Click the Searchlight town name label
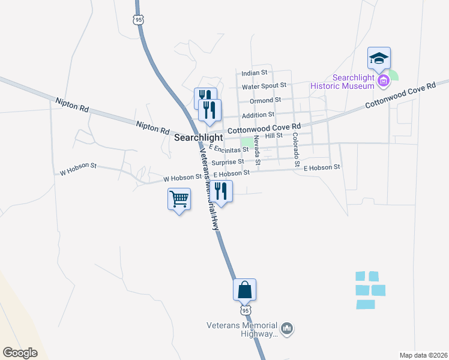coord(198,137)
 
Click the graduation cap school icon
coord(379,59)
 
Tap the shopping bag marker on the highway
coord(244,290)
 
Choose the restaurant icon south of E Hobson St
coord(221,191)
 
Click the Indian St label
coord(254,73)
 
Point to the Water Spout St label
coord(264,86)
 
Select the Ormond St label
coord(265,100)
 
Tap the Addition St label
coord(258,114)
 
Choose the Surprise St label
coord(229,161)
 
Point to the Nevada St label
coord(257,149)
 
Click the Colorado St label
coord(295,149)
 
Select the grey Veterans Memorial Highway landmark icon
coord(287,329)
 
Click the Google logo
coord(20,353)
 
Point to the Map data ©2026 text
coord(423,355)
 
